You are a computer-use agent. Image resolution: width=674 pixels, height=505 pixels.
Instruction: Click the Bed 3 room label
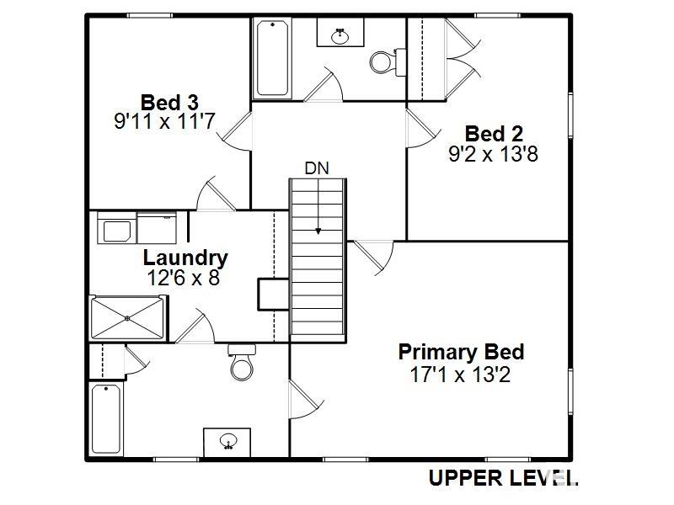coord(169,103)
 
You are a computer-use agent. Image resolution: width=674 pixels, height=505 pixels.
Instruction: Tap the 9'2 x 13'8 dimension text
coord(494,154)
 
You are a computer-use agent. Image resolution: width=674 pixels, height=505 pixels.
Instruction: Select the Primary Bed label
coord(461,352)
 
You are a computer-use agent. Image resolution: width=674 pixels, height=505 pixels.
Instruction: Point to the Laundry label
coord(185,258)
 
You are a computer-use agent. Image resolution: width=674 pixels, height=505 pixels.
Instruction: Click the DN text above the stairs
coord(317,168)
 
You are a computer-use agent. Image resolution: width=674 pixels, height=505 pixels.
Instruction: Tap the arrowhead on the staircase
coord(318,231)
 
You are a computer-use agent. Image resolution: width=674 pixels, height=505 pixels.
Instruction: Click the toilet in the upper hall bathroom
coord(388,61)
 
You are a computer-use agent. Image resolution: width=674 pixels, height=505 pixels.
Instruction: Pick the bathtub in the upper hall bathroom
coord(272,59)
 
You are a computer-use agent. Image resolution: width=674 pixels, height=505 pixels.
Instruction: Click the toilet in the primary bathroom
coord(242,363)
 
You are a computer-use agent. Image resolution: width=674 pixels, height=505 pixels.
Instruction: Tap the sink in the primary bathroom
coord(227,441)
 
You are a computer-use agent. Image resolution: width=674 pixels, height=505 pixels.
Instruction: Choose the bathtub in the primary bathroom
coord(106,419)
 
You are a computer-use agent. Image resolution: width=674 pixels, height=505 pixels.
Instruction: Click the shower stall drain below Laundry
coord(127,318)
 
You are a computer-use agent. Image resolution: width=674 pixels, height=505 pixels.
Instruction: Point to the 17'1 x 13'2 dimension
coord(460,375)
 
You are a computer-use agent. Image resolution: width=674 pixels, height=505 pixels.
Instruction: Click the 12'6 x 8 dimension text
coord(184,278)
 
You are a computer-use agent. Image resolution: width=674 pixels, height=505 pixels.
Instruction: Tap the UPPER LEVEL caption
coord(503,478)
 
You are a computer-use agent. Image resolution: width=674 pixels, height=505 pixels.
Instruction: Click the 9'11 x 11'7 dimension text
coord(164,121)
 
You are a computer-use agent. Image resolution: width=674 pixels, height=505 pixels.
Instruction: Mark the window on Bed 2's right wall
coord(571,115)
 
